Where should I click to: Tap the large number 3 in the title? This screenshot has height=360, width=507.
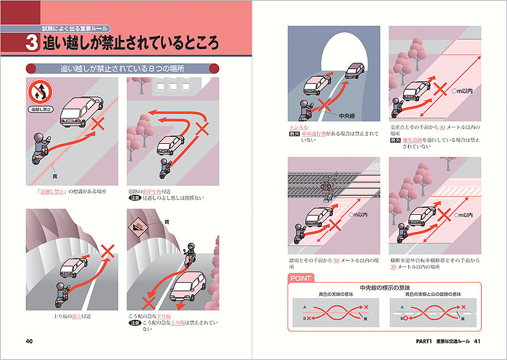[32, 43]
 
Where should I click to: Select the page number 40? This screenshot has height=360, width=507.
[29, 342]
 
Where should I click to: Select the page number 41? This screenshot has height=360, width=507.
[479, 342]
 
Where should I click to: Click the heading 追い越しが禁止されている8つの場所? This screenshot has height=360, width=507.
[123, 68]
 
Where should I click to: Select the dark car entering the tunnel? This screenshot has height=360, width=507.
[356, 70]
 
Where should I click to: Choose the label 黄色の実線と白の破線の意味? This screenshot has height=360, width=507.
[435, 295]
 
